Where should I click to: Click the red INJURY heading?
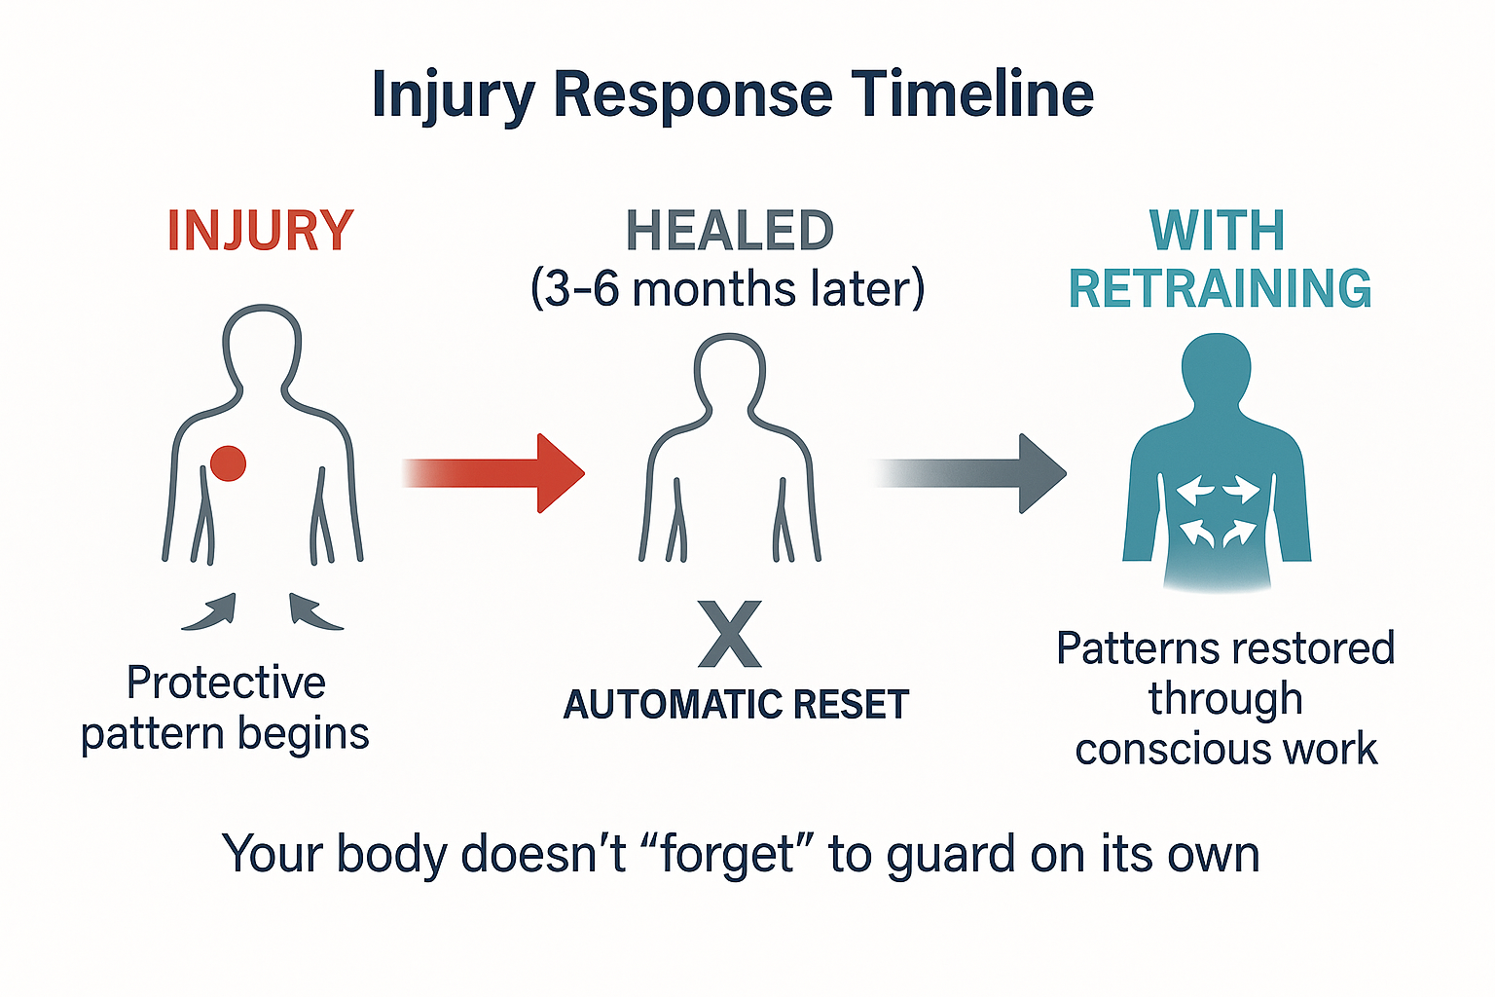pos(260,232)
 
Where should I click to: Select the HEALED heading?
pos(729,232)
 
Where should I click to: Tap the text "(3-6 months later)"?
pos(727,289)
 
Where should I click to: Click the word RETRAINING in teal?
pos(1220,289)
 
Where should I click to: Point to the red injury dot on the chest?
pos(228,463)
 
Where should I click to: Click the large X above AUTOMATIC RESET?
pos(730,634)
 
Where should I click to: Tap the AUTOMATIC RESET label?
pos(736,704)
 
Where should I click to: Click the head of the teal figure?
pos(1216,368)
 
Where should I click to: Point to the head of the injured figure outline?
pos(262,343)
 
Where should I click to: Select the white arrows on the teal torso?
pos(1216,512)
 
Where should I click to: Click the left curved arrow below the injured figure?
pos(210,612)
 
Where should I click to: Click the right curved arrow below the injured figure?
pos(314,612)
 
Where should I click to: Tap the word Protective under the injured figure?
pos(226,683)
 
